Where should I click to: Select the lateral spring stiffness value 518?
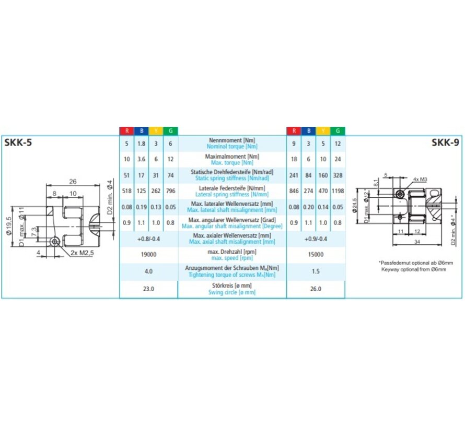click(126, 191)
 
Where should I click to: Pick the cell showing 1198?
click(338, 191)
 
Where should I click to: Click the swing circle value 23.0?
click(149, 289)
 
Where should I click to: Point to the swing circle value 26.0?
click(316, 289)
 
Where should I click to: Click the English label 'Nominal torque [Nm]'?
click(232, 147)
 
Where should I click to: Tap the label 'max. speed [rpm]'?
click(232, 258)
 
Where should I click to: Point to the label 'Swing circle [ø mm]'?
click(232, 292)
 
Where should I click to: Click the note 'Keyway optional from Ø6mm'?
click(413, 270)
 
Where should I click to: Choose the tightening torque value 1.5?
click(316, 271)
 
